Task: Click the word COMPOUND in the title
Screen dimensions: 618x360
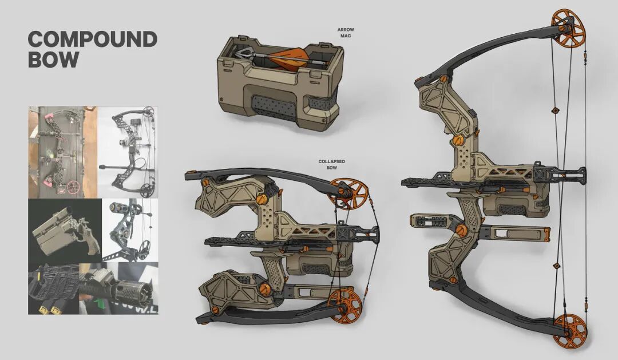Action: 93,39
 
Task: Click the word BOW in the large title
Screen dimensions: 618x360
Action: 53,59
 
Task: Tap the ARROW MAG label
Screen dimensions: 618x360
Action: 346,32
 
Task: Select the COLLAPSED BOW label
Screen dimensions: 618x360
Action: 332,164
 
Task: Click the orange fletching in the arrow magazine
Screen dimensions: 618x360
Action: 288,58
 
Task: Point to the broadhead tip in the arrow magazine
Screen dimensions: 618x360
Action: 239,52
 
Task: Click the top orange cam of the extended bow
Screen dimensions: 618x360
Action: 568,27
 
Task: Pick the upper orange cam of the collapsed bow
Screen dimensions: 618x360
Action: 348,193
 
